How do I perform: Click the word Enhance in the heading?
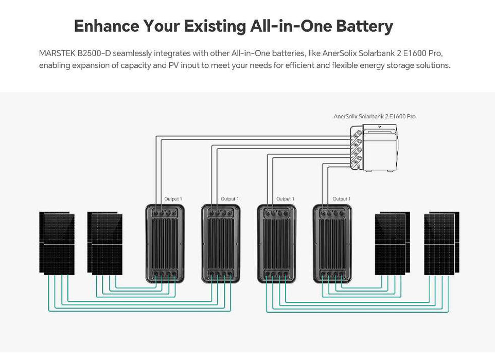click(105, 26)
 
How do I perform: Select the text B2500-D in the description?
click(94, 53)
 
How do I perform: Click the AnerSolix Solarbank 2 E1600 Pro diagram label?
click(374, 117)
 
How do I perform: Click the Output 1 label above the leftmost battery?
click(173, 199)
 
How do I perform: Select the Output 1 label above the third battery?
click(285, 199)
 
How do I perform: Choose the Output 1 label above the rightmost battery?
click(342, 199)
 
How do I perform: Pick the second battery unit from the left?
click(221, 243)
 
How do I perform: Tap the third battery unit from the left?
click(277, 243)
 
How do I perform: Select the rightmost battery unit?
click(333, 243)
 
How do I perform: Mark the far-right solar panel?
click(440, 243)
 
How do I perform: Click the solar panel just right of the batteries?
click(392, 243)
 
